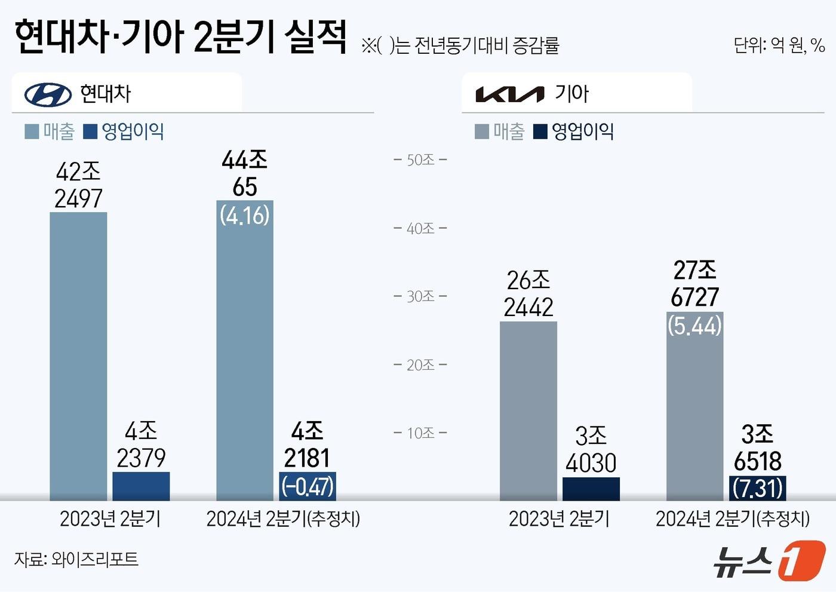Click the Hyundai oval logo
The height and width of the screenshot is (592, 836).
tap(48, 94)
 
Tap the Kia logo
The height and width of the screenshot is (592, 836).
tap(509, 94)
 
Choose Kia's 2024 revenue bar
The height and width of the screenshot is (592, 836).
tap(694, 412)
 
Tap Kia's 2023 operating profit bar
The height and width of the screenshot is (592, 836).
tap(591, 489)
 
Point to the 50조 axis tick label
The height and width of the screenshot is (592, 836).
tap(420, 160)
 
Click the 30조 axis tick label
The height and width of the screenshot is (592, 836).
tap(420, 296)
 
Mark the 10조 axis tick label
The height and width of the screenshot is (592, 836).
tap(420, 433)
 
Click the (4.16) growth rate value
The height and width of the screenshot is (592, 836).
tap(245, 215)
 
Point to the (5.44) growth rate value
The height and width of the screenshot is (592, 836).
tap(694, 326)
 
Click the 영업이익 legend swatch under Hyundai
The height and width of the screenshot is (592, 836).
tap(90, 131)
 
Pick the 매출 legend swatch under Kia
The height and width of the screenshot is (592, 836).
tap(481, 131)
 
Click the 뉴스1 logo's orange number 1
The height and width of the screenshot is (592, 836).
tap(802, 560)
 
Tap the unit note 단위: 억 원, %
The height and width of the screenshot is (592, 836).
tap(779, 45)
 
